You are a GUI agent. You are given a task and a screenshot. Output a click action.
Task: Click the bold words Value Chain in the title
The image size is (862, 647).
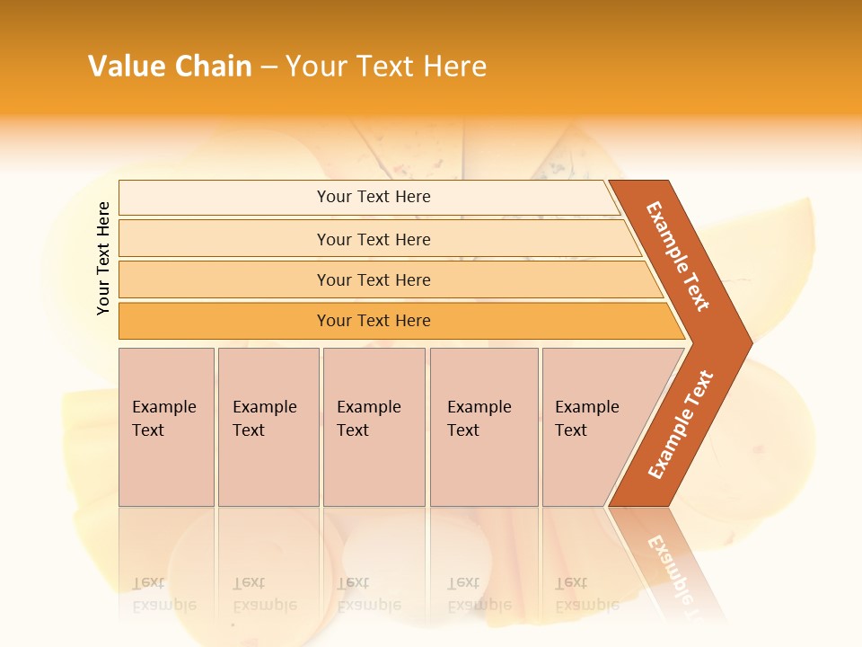pyautogui.click(x=170, y=66)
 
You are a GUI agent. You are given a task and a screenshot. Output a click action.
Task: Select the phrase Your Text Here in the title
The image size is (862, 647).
pyautogui.click(x=386, y=66)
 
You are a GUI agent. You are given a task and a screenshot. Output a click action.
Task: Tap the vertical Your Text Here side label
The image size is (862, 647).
pyautogui.click(x=103, y=258)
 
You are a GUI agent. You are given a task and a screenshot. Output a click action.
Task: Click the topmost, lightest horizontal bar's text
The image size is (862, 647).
pyautogui.click(x=374, y=197)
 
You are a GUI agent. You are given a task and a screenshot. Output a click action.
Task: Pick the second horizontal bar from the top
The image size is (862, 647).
pyautogui.click(x=374, y=239)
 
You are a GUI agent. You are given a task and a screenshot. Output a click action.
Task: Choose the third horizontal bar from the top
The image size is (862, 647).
pyautogui.click(x=374, y=279)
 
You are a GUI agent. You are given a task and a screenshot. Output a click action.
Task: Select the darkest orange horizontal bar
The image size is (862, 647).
pyautogui.click(x=374, y=321)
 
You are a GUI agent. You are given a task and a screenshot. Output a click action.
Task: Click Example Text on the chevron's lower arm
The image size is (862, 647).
pyautogui.click(x=681, y=424)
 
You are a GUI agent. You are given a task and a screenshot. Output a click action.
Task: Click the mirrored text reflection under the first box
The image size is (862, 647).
pyautogui.click(x=164, y=593)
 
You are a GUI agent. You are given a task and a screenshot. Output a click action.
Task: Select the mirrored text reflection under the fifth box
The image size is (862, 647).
pyautogui.click(x=586, y=593)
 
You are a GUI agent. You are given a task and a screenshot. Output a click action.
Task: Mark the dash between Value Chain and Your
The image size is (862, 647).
pyautogui.click(x=268, y=67)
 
